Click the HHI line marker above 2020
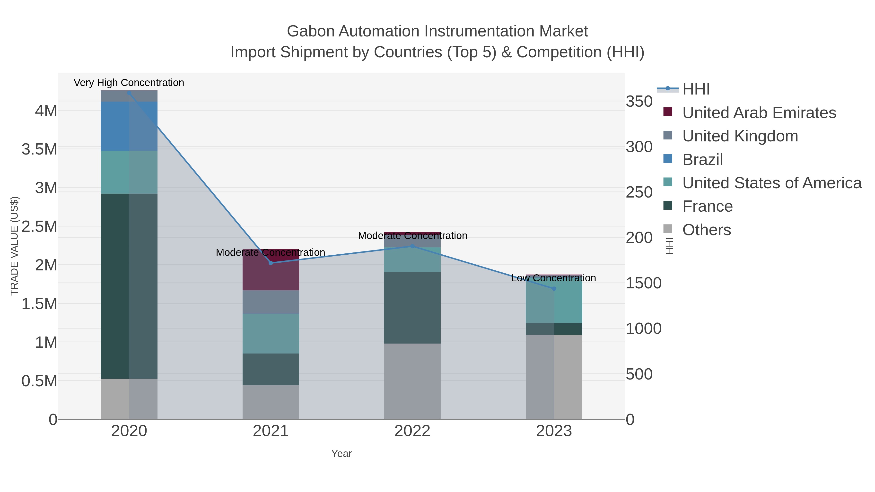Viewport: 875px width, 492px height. pos(129,93)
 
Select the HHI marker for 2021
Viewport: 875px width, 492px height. pos(271,263)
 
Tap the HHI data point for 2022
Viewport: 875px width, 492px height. pos(412,246)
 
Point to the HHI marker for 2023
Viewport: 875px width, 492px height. pos(554,289)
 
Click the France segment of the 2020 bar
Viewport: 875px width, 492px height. pos(129,286)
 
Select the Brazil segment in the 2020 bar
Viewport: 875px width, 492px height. pos(129,126)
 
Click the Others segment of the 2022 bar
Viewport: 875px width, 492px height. pos(412,381)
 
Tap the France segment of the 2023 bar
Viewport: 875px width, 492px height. pos(554,329)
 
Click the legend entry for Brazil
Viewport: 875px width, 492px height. pos(702,160)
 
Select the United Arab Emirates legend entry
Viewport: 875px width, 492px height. pos(759,113)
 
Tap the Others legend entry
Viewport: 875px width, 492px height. pos(707,230)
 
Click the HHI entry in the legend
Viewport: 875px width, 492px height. pos(696,89)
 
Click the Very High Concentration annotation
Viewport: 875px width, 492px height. pos(129,83)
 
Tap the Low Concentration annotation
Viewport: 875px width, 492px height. pos(553,278)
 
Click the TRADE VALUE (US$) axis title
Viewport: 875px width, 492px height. pos(14,246)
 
